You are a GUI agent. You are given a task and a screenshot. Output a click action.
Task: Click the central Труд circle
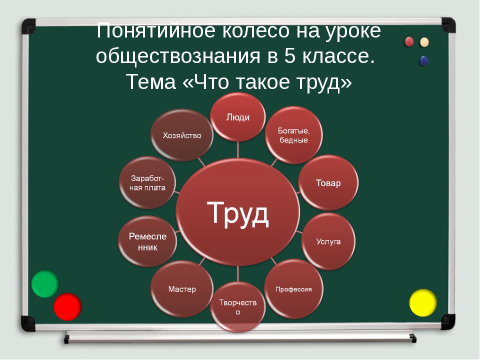pyautogui.click(x=238, y=212)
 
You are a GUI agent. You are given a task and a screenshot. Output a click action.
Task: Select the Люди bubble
pyautogui.click(x=238, y=117)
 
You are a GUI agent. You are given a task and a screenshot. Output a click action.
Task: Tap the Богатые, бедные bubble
pyautogui.click(x=293, y=135)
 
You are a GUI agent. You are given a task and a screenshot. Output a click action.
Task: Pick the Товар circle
pyautogui.click(x=328, y=183)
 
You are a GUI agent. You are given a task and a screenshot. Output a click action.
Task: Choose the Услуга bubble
pyautogui.click(x=328, y=241)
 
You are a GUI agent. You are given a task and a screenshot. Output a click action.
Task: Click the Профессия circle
pyautogui.click(x=293, y=289)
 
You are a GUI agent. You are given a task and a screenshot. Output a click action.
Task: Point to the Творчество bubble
pyautogui.click(x=238, y=307)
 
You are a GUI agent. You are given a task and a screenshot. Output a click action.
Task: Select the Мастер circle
pyautogui.click(x=182, y=289)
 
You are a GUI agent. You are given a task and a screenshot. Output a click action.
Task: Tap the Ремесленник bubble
pyautogui.click(x=147, y=241)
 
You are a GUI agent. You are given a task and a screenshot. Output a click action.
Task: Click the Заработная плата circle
pyautogui.click(x=147, y=183)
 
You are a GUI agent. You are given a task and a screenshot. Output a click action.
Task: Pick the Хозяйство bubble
pyautogui.click(x=182, y=135)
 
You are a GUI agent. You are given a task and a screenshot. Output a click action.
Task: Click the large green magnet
pyautogui.click(x=45, y=284)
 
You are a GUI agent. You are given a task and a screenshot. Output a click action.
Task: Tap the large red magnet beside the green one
pyautogui.click(x=67, y=306)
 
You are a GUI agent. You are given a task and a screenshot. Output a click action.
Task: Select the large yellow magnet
pyautogui.click(x=423, y=303)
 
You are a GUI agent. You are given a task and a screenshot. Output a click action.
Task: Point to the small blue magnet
pyautogui.click(x=424, y=60)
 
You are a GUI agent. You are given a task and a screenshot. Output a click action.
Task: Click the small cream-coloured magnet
pyautogui.click(x=424, y=42)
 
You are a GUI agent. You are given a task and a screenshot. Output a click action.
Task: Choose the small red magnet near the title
pyautogui.click(x=409, y=41)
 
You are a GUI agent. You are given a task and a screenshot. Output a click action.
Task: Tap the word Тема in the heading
pyautogui.click(x=151, y=81)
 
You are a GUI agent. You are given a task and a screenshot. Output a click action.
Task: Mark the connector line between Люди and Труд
pyautogui.click(x=238, y=150)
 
